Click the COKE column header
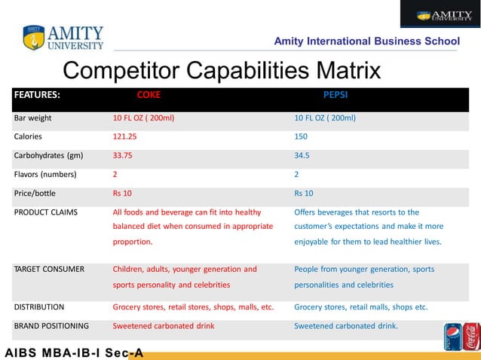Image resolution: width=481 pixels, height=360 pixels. pyautogui.click(x=148, y=96)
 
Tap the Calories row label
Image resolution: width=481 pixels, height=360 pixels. pyautogui.click(x=29, y=136)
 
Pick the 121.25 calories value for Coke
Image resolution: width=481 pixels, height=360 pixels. pyautogui.click(x=125, y=136)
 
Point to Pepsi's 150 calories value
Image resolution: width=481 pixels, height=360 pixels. pyautogui.click(x=302, y=136)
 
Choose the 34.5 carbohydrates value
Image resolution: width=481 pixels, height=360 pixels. pyautogui.click(x=302, y=155)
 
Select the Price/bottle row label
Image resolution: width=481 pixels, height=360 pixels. pyautogui.click(x=35, y=193)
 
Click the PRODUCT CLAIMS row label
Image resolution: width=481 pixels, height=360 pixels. pyautogui.click(x=46, y=212)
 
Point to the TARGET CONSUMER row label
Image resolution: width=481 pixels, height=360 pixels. pyautogui.click(x=49, y=269)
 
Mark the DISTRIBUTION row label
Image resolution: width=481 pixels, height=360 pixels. pyautogui.click(x=39, y=307)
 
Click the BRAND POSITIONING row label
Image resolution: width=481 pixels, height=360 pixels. pyautogui.click(x=51, y=326)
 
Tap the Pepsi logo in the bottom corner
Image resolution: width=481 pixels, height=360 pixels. pyautogui.click(x=453, y=337)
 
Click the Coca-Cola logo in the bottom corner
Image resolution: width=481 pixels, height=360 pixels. pyautogui.click(x=471, y=337)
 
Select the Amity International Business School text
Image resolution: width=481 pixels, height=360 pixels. pyautogui.click(x=366, y=41)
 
